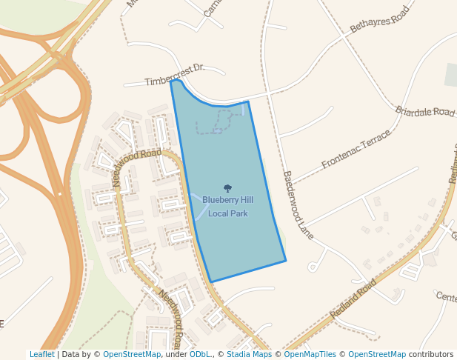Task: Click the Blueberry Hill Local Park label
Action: [227, 207]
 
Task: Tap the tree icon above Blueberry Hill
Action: [227, 188]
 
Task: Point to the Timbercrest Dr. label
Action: [175, 74]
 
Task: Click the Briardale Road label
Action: [425, 112]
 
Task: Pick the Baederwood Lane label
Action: [298, 205]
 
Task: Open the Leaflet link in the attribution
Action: [41, 354]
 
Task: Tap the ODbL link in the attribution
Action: [199, 354]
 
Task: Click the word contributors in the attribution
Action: [431, 354]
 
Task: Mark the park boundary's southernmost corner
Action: [211, 281]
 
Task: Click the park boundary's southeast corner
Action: [286, 261]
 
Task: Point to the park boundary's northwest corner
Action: [171, 81]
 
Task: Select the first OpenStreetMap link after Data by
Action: [132, 354]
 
